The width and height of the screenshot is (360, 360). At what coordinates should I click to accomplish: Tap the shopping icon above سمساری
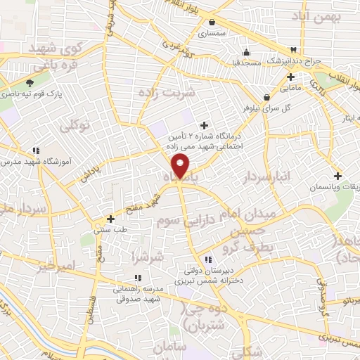click(x=212, y=22)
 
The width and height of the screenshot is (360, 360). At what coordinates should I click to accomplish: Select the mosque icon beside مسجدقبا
click(x=245, y=52)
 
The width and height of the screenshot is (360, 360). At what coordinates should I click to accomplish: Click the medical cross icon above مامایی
click(x=290, y=76)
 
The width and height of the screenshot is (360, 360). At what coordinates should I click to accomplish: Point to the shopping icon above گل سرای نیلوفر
click(x=266, y=97)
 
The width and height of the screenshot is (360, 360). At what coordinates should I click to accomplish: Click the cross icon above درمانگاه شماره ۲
click(x=205, y=125)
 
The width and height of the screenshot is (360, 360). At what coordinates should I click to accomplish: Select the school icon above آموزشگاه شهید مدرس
click(x=35, y=150)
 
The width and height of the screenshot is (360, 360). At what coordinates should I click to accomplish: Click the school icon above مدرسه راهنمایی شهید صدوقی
click(x=138, y=278)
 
